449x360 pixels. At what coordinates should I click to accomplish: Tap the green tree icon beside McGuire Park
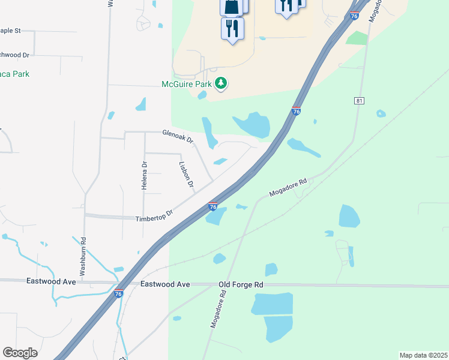coord(221,83)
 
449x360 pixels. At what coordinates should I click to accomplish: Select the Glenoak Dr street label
coord(178,137)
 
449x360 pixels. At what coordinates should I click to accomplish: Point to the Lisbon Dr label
coord(186,175)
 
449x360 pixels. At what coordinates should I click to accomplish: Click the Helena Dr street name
coord(145,176)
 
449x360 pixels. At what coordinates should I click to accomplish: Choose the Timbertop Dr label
coord(154,215)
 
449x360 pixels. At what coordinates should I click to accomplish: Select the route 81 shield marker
coord(360,101)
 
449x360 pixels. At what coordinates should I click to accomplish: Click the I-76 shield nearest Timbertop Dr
coord(212,206)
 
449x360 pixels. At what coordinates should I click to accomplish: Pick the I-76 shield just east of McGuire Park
coord(296,111)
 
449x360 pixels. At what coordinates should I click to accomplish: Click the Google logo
coord(20,353)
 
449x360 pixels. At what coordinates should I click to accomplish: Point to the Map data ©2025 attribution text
coord(423,355)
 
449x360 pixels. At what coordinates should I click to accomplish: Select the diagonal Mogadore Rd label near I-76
coord(288,187)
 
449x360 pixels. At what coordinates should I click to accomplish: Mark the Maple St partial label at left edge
coord(10,30)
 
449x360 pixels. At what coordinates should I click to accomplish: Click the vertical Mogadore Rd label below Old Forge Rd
coord(217,308)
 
